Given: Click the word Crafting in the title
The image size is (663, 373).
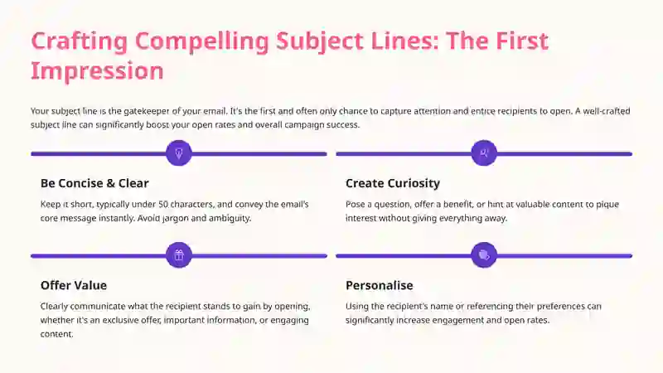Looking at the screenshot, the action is click(x=79, y=42).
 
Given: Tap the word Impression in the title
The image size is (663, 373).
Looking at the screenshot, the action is click(x=97, y=70).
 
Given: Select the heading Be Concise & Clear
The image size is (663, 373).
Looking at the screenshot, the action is click(x=94, y=183).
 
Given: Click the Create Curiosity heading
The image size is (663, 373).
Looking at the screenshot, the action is click(x=393, y=183).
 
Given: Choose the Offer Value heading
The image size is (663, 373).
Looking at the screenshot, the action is click(x=74, y=285).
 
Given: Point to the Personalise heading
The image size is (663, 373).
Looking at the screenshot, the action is click(x=380, y=285).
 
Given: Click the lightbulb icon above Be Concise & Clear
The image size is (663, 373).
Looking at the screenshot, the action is click(x=179, y=153).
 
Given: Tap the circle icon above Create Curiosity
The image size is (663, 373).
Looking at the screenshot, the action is click(x=484, y=153).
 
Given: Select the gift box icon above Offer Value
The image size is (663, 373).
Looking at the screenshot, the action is click(x=179, y=255).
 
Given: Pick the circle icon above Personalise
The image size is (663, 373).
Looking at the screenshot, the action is click(x=484, y=255).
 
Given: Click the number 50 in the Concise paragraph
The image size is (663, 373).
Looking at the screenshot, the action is click(x=163, y=204).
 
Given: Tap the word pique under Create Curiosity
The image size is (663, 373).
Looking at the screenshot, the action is click(x=607, y=205).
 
